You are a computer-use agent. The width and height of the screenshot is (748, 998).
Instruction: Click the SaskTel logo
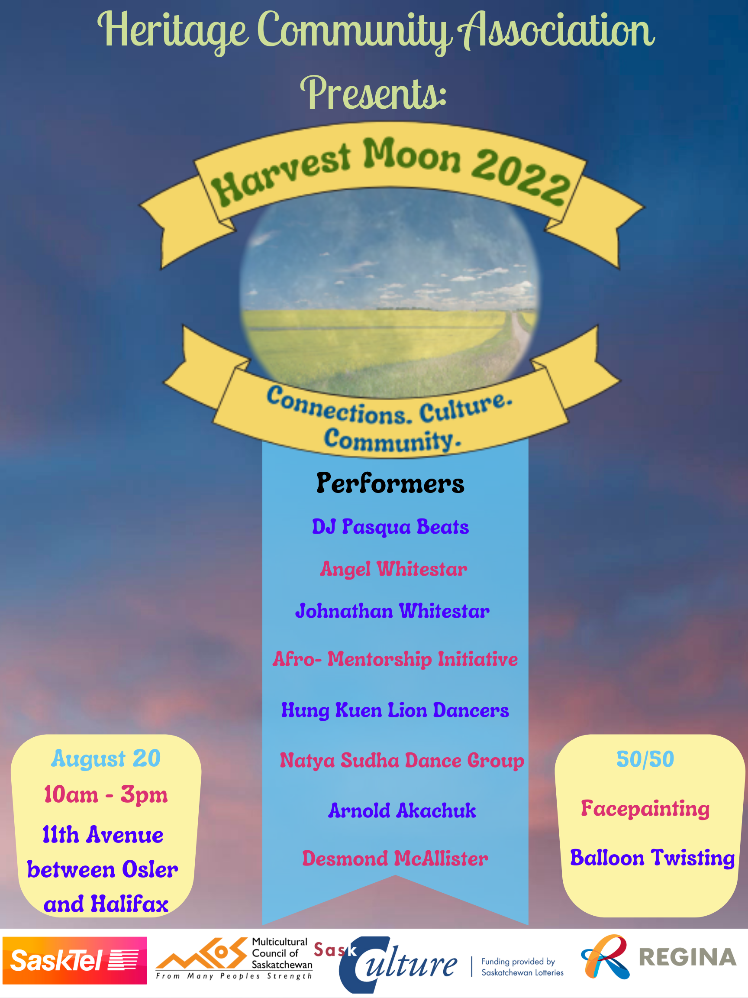(x=75, y=961)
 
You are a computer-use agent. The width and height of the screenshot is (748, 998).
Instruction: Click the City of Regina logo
(x=659, y=957)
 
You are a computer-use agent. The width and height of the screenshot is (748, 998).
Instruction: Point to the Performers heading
(x=390, y=483)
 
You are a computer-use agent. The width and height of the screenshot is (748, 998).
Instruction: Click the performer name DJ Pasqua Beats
(x=390, y=527)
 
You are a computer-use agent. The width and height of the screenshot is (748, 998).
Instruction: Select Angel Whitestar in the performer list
(x=393, y=569)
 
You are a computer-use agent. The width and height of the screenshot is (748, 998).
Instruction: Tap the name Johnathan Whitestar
(x=392, y=611)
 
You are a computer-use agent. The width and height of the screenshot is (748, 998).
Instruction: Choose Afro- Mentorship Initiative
(x=395, y=659)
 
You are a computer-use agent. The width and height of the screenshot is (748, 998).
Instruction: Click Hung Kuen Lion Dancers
(x=395, y=710)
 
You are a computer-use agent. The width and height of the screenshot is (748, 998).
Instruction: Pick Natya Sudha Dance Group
(x=402, y=761)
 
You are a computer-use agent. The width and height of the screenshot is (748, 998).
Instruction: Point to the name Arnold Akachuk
(x=402, y=811)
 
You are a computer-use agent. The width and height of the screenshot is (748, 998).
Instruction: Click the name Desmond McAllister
(x=395, y=858)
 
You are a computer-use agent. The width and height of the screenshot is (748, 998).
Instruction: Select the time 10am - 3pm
(x=106, y=794)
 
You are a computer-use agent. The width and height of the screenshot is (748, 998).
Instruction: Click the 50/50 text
(x=645, y=759)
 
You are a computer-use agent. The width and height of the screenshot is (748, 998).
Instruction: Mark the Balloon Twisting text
(x=652, y=858)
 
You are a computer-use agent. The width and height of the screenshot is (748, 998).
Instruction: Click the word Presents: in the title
(x=373, y=93)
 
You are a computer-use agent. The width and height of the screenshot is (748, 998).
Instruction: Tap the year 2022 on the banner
(x=521, y=177)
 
